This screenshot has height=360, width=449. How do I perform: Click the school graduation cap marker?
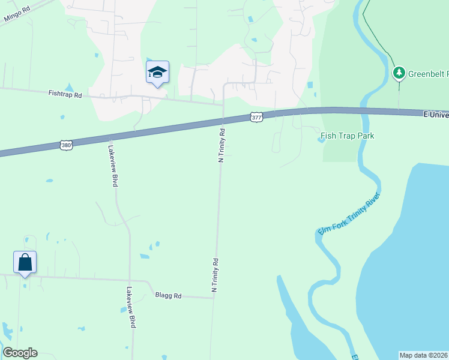click(157, 73)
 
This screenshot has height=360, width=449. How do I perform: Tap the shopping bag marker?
click(25, 263)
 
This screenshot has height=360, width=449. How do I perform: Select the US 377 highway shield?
click(256, 118)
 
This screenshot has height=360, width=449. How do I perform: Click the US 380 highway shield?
click(67, 145)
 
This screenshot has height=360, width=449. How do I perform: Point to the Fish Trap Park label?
click(347, 136)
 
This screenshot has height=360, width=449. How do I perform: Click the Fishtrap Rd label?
click(65, 94)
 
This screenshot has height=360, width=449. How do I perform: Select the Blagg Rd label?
click(168, 295)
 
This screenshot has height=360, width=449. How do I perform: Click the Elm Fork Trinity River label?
click(348, 215)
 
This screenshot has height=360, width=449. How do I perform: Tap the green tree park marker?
click(398, 73)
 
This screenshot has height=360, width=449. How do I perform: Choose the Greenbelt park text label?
click(428, 74)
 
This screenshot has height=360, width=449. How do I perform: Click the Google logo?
click(20, 353)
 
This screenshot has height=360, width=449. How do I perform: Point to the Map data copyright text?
click(424, 355)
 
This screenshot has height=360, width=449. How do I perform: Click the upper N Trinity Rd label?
click(221, 145)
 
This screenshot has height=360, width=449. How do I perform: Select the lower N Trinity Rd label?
click(214, 275)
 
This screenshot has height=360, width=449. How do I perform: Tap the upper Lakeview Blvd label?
click(112, 166)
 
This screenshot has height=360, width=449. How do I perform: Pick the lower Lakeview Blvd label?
click(130, 306)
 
